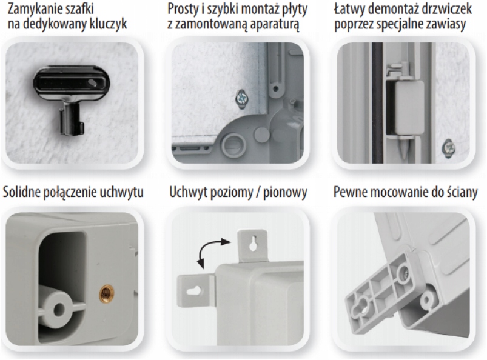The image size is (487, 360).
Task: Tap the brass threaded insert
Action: click(x=107, y=295)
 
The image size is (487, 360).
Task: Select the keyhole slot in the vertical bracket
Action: click(x=254, y=243)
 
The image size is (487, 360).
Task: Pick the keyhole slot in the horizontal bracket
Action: click(x=194, y=291)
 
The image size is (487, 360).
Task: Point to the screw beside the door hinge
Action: click(x=448, y=148)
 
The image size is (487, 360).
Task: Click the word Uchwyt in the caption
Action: click(x=188, y=192)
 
